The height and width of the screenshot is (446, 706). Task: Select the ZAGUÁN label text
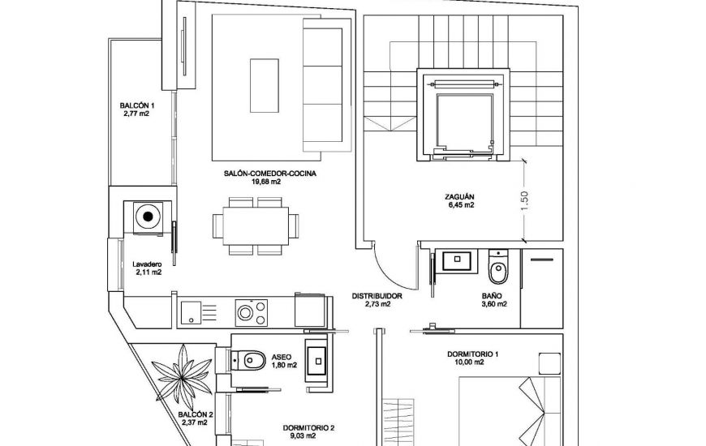(x=459, y=196)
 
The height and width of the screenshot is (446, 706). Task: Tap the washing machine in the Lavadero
(x=147, y=217)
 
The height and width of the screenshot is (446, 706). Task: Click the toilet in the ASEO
(x=248, y=358)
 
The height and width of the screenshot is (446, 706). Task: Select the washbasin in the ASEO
(x=315, y=357)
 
